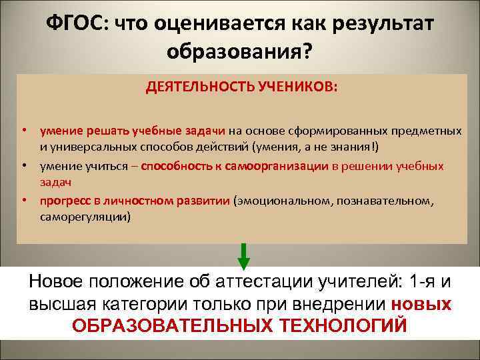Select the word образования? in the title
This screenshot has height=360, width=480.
239,51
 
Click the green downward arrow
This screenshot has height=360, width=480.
244,255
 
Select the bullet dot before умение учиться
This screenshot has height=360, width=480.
23,165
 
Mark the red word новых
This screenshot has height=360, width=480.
421,303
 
